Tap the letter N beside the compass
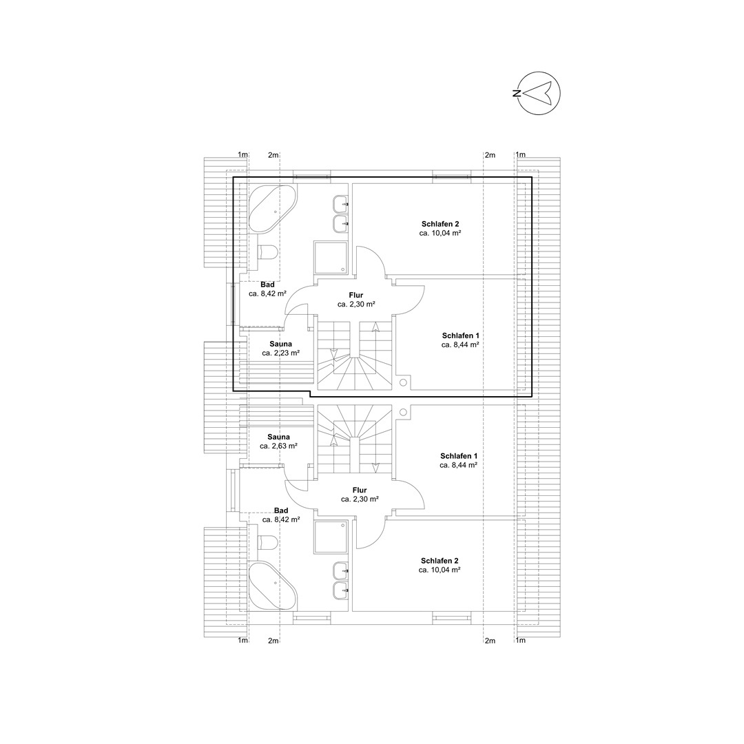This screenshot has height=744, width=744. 516,93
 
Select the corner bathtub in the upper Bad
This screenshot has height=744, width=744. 272,209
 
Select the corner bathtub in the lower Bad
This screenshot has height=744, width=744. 272,586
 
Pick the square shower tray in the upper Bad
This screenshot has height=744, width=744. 331,258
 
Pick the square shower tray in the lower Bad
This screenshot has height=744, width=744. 331,537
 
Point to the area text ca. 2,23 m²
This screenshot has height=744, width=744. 281,353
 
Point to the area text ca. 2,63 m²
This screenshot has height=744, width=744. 278,446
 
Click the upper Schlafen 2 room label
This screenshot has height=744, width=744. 440,224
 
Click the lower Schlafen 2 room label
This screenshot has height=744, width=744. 440,561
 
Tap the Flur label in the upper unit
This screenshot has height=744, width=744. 356,295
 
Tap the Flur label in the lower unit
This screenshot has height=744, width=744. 360,490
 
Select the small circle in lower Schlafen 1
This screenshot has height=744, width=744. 403,411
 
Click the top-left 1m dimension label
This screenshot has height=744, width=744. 242,155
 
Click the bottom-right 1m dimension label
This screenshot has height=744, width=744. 521,641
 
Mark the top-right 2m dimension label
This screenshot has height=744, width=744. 490,155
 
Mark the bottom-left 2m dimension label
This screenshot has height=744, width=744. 273,641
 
